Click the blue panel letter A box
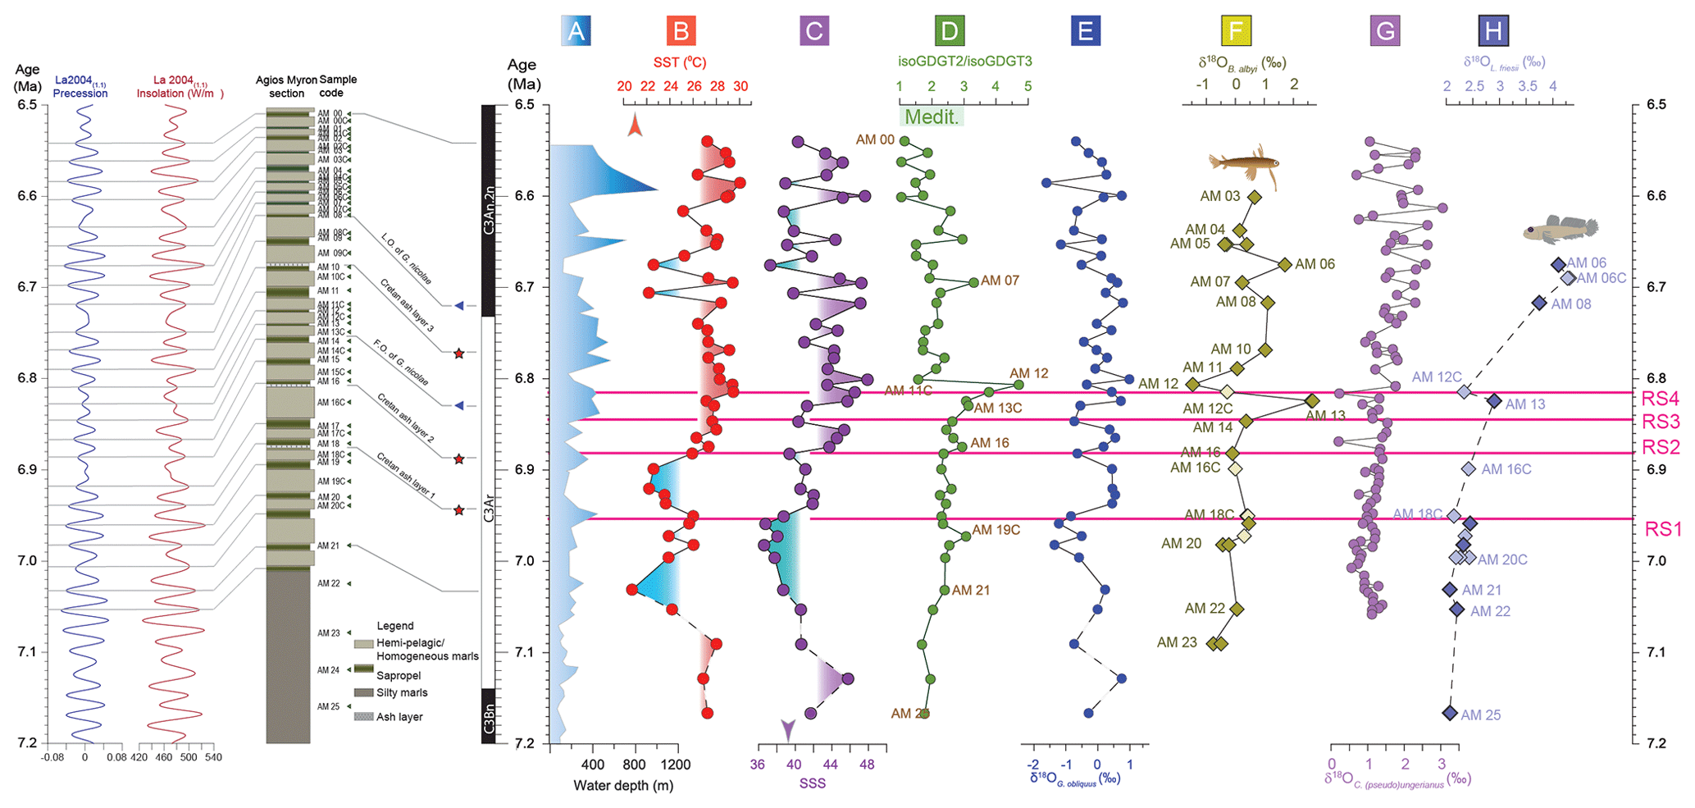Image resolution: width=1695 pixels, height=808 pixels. (x=576, y=31)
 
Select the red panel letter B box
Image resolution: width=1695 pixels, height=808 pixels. (x=681, y=31)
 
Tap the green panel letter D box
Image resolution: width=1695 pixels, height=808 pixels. (x=949, y=31)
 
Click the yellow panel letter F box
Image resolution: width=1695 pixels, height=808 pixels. (x=1236, y=31)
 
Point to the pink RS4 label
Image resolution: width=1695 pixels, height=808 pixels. (x=1661, y=399)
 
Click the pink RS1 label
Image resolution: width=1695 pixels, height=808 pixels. (x=1662, y=529)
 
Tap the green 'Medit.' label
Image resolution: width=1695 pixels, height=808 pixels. (x=932, y=116)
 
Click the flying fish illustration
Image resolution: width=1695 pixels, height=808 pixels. (x=1243, y=162)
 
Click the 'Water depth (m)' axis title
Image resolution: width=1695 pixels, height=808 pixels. (x=623, y=785)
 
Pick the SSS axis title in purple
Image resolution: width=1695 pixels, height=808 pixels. (x=812, y=783)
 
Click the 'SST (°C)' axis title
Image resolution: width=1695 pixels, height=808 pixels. (x=680, y=62)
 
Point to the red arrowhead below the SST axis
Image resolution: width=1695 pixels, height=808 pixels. (x=635, y=125)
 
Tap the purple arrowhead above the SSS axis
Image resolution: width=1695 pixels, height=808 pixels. (x=788, y=728)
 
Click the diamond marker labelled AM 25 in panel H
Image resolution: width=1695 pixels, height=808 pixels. (x=1450, y=714)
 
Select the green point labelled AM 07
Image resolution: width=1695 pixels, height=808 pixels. (x=973, y=282)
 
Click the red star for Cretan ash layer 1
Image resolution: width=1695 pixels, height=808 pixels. (x=459, y=510)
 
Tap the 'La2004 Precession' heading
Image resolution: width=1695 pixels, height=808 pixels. (x=80, y=87)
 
